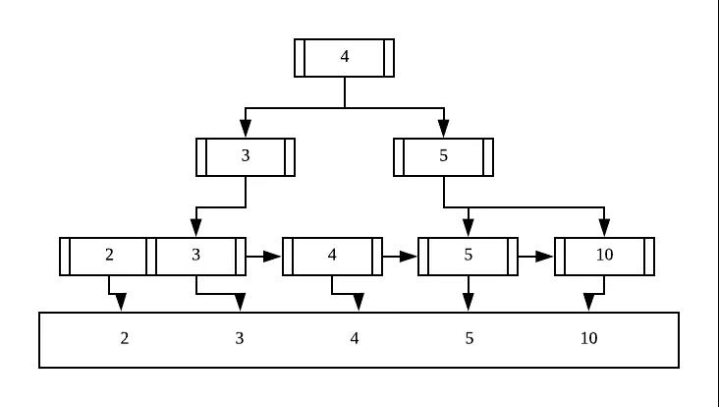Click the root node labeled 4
pos(344,58)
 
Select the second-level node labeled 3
pos(246,157)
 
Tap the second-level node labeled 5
pos(443,157)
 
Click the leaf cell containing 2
pos(109,257)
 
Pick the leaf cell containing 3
pos(195,257)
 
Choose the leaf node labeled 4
pos(332,257)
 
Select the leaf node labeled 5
pos(469,257)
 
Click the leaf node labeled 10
pos(604,257)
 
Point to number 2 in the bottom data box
pos(125,338)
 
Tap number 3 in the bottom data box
pos(240,338)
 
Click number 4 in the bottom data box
pos(355,338)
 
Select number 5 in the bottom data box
pos(470,338)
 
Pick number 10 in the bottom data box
pos(588,338)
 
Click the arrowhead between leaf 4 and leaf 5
pos(408,257)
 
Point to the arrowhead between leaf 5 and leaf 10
pos(544,257)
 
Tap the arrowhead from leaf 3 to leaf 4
pos(272,257)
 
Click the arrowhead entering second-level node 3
pos(246,129)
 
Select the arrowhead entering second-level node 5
pos(443,129)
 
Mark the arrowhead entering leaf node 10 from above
pos(604,228)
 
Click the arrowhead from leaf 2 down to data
pos(121,303)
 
